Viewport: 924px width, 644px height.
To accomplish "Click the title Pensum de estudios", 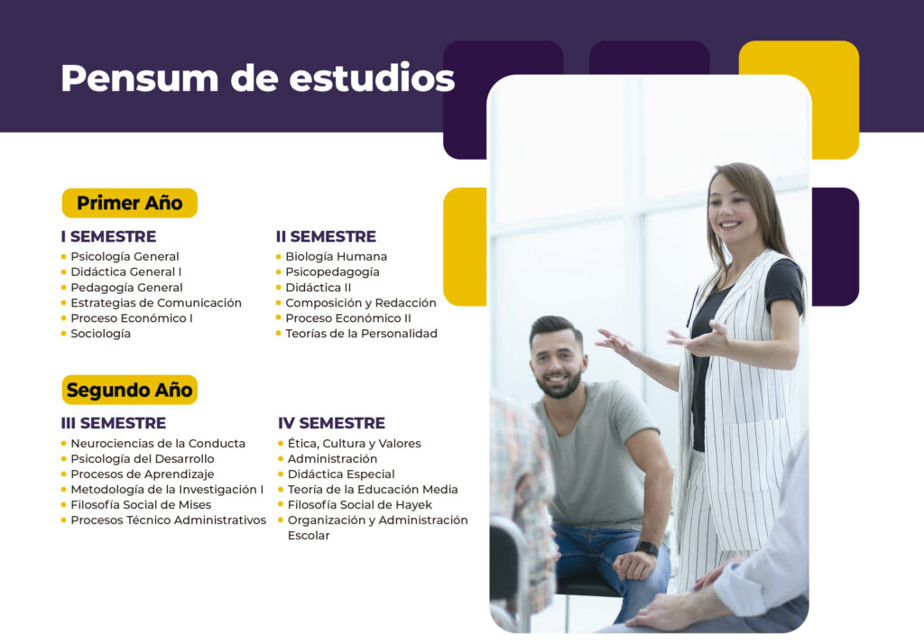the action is (257, 78).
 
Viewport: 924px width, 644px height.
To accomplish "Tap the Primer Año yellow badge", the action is (130, 203).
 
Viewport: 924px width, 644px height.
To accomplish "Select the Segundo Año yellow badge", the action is (130, 390).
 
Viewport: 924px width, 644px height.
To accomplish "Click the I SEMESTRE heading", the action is (108, 236).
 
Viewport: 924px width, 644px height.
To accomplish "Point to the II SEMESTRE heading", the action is (326, 236).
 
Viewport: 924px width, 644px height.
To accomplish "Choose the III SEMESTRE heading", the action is (114, 423).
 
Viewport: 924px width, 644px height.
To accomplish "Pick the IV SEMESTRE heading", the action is (331, 423).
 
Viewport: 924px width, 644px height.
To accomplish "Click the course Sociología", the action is (101, 334).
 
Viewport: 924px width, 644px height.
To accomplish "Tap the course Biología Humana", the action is (337, 256).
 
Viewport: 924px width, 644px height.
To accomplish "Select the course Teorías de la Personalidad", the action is (361, 334).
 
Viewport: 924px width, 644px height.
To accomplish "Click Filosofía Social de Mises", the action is (141, 505).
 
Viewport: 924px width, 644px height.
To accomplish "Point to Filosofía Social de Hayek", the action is (359, 505).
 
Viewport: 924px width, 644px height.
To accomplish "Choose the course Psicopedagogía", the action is (332, 272).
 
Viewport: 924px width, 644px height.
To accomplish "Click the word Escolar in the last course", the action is (309, 536).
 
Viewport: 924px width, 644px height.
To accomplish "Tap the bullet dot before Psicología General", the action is (64, 257).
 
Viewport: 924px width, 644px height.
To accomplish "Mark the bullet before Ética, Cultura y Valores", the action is (281, 444).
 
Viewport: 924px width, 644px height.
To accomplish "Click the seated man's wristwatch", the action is (646, 548).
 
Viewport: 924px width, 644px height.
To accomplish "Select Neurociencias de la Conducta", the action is (158, 443).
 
